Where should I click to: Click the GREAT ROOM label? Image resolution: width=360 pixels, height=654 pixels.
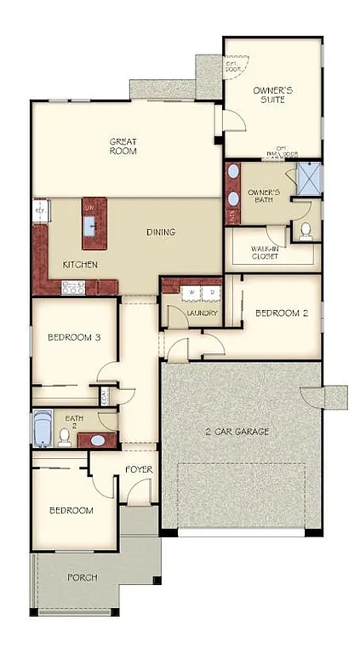click(123, 146)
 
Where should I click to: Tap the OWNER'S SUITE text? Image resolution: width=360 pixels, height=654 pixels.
click(273, 95)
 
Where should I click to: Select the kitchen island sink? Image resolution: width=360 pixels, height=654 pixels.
click(89, 225)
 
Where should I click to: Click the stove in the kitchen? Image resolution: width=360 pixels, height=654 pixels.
click(74, 288)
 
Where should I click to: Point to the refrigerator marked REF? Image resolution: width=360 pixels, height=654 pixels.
click(39, 209)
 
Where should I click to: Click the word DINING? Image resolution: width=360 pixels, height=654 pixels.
click(160, 232)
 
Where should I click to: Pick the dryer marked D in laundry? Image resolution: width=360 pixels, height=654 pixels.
click(210, 294)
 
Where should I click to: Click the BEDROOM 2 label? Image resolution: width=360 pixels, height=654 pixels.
click(281, 313)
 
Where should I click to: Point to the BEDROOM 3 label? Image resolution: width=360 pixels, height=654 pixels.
click(74, 337)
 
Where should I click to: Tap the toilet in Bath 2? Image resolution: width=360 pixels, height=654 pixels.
click(64, 437)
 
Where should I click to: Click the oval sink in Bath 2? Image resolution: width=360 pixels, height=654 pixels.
click(98, 441)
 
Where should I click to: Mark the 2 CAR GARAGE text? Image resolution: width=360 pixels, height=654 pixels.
click(238, 432)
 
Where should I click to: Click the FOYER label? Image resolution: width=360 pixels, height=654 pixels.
click(139, 469)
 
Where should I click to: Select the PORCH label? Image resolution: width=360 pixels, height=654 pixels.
click(81, 577)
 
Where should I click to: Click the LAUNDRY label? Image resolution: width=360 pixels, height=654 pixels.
click(203, 313)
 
